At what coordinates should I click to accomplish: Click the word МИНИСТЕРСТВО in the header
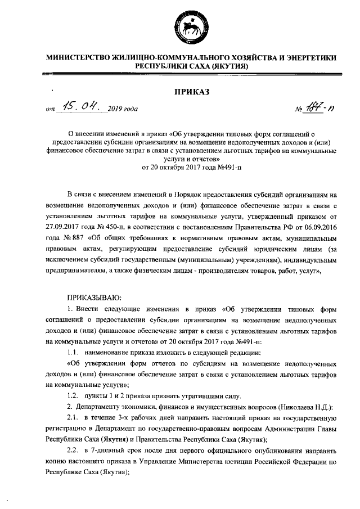point(78,58)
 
